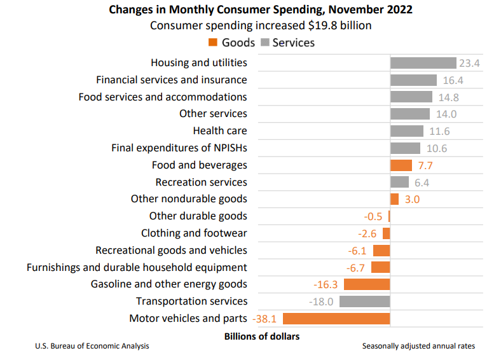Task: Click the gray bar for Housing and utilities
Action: [x=423, y=63]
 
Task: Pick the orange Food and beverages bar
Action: [x=401, y=165]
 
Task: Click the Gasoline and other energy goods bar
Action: [x=367, y=284]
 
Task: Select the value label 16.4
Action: [x=451, y=80]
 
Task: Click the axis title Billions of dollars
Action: [x=261, y=335]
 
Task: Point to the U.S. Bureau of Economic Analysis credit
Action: [x=92, y=346]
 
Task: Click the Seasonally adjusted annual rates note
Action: [x=418, y=346]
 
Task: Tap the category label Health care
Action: [x=220, y=131]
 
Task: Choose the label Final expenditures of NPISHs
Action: [x=179, y=148]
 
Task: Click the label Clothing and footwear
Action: [x=194, y=233]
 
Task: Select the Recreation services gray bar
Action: [x=399, y=183]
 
